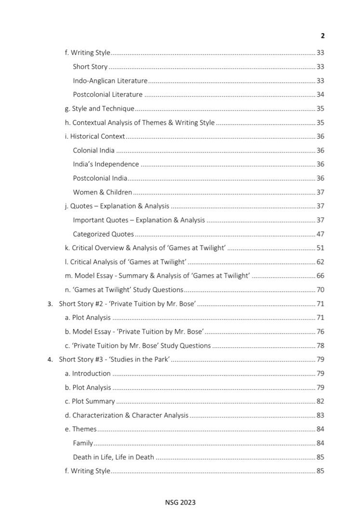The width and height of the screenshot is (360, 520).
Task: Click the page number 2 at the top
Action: pyautogui.click(x=322, y=36)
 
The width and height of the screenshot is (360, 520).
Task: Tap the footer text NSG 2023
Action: pyautogui.click(x=180, y=502)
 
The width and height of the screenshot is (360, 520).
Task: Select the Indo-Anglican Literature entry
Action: pyautogui.click(x=110, y=80)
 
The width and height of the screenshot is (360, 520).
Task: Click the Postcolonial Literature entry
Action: pyautogui.click(x=107, y=94)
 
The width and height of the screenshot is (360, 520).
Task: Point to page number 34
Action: pyautogui.click(x=320, y=94)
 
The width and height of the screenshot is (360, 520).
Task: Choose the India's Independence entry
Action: pyautogui.click(x=106, y=164)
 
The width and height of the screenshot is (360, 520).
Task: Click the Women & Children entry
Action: pyautogui.click(x=102, y=192)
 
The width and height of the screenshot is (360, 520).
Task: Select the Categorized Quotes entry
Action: pyautogui.click(x=103, y=234)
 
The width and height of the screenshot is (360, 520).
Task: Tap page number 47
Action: pyautogui.click(x=320, y=234)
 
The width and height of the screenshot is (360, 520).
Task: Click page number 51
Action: pyautogui.click(x=320, y=248)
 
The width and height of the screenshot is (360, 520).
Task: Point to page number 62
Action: pyautogui.click(x=320, y=262)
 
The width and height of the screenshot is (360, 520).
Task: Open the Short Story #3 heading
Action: pyautogui.click(x=114, y=360)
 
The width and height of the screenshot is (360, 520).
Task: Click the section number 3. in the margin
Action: pyautogui.click(x=50, y=304)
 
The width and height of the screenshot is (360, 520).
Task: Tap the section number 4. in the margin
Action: pyautogui.click(x=50, y=360)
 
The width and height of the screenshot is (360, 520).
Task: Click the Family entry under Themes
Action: pyautogui.click(x=83, y=443)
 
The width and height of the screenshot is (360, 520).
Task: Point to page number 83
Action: pyautogui.click(x=320, y=415)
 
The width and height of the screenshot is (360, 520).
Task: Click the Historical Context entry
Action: pyautogui.click(x=94, y=136)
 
